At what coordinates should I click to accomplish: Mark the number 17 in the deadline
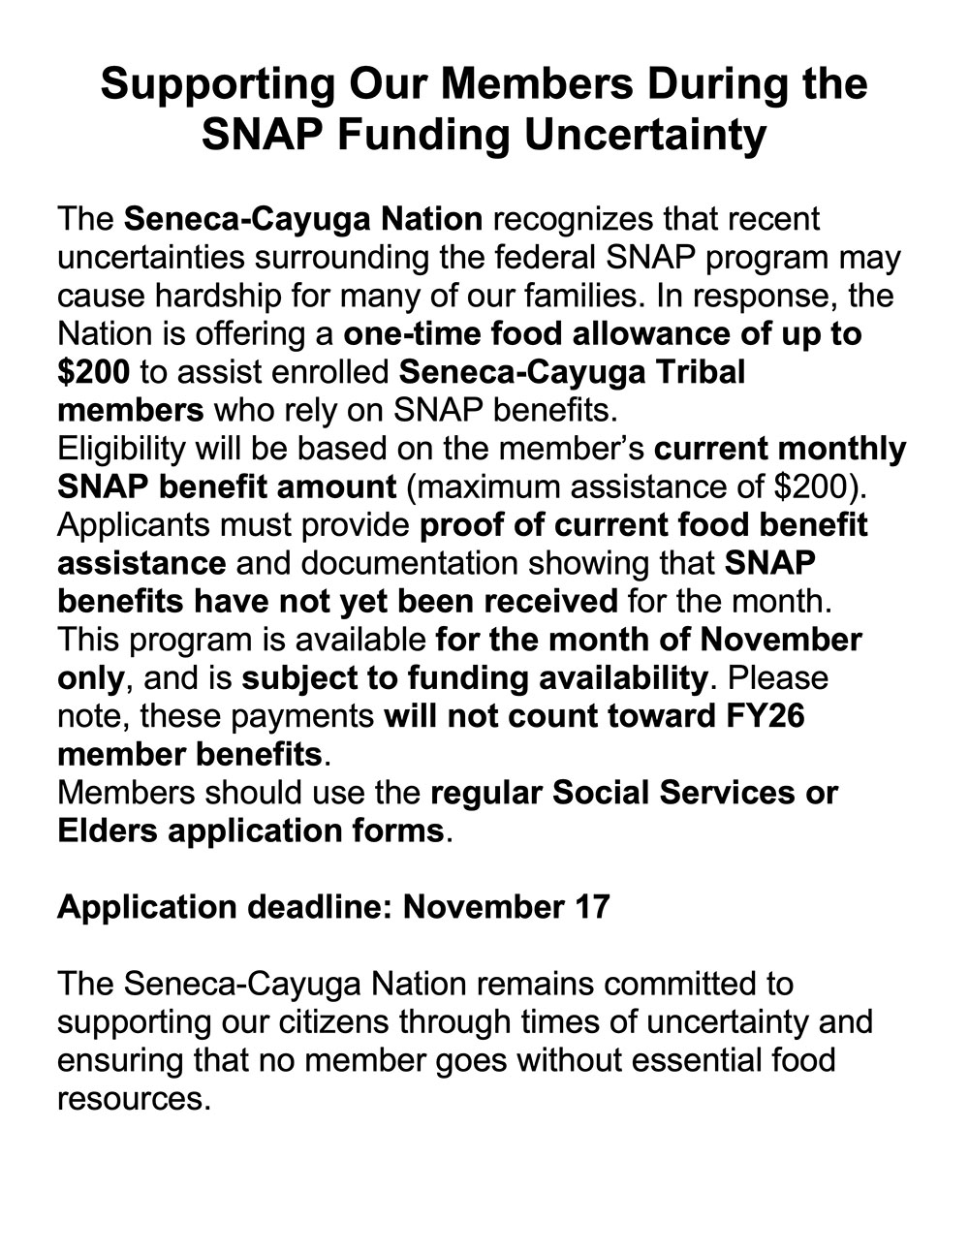tap(590, 907)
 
